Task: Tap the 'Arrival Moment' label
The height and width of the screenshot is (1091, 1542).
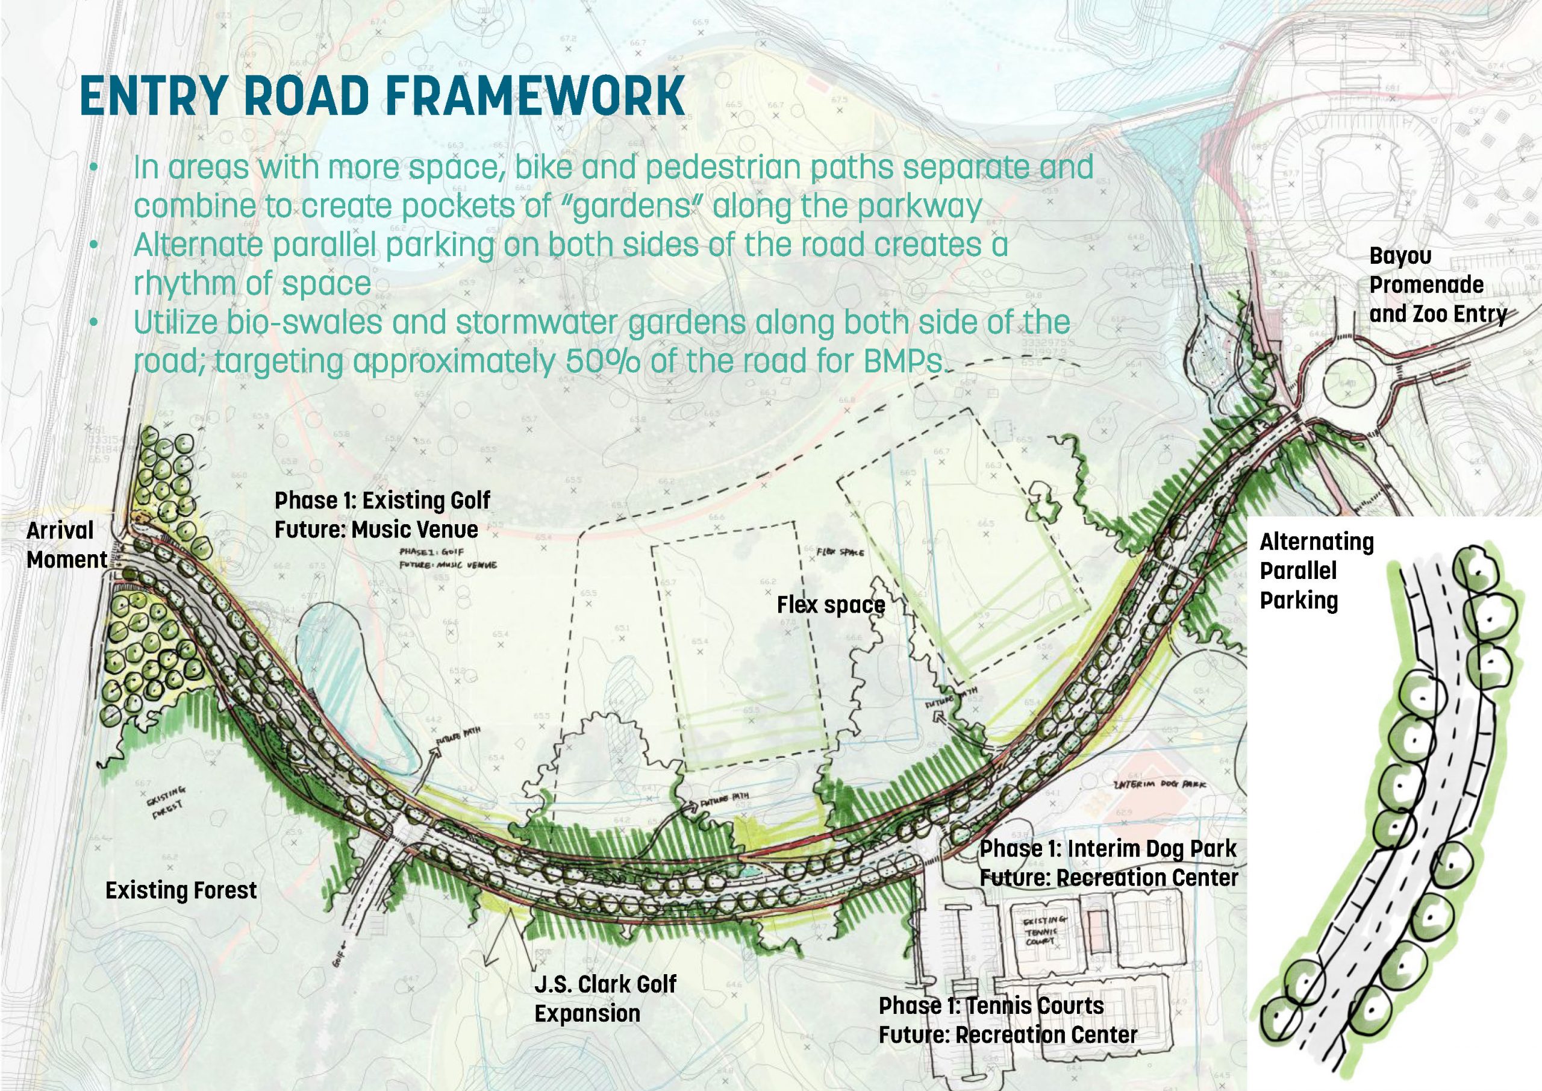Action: point(66,545)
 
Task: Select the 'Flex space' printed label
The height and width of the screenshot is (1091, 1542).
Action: point(831,605)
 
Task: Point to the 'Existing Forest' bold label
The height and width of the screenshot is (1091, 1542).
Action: point(181,891)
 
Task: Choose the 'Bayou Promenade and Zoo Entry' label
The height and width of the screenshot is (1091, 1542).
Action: point(1437,285)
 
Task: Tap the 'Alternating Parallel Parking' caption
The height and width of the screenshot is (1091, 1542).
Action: point(1316,571)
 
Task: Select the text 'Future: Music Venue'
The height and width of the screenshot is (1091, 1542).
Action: point(376,530)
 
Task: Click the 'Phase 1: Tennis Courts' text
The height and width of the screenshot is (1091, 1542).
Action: point(991,1005)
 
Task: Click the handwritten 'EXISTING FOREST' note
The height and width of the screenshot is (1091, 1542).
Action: point(163,805)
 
